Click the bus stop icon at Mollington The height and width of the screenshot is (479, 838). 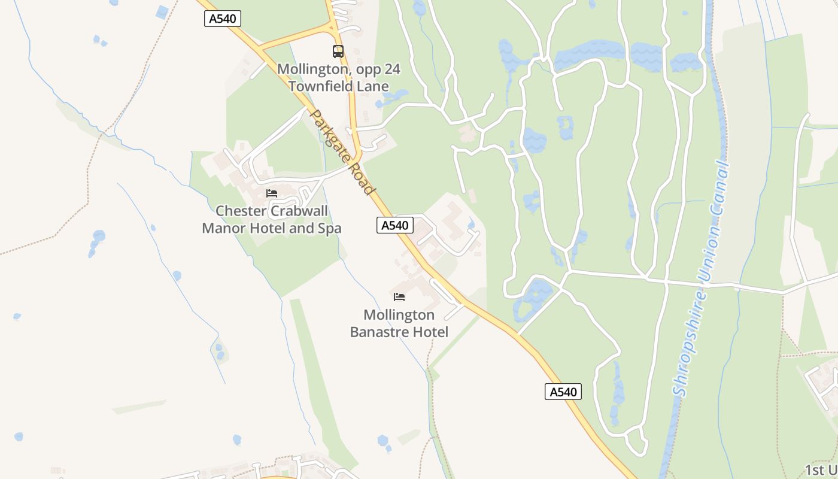tap(338, 51)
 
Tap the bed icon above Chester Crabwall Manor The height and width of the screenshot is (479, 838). tap(272, 193)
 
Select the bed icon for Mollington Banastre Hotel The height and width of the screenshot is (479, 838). tap(399, 297)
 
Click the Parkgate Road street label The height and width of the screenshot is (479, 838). tap(343, 152)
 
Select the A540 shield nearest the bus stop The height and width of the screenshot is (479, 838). tap(223, 19)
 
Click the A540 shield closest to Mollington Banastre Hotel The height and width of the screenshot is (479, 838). tap(395, 225)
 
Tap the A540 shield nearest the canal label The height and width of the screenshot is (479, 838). tap(563, 392)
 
